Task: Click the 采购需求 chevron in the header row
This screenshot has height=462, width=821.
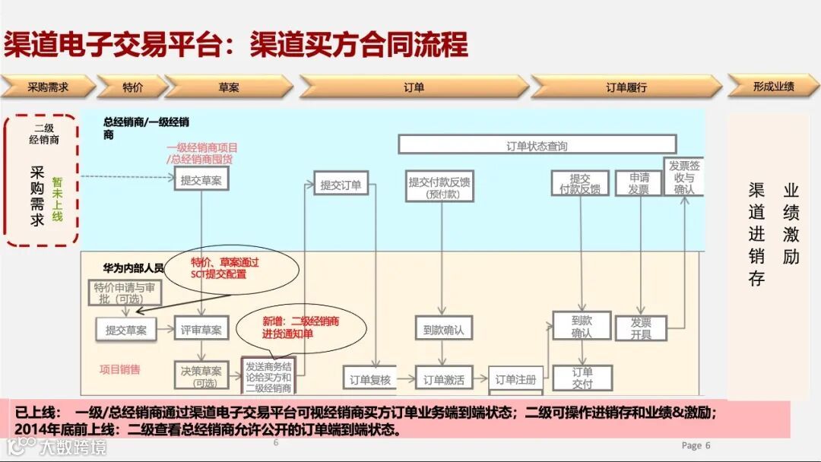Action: click(47, 87)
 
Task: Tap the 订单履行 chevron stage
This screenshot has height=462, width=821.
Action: click(626, 87)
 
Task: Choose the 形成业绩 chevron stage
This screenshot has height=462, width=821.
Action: click(773, 86)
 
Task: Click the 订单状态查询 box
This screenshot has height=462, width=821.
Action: click(537, 145)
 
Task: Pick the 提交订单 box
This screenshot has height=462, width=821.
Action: click(341, 184)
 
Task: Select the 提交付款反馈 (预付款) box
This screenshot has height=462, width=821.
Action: click(439, 186)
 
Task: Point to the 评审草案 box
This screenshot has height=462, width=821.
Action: click(201, 329)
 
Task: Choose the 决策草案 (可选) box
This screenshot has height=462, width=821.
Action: click(201, 376)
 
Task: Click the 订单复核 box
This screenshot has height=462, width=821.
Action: click(370, 378)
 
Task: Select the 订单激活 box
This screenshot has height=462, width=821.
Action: click(444, 378)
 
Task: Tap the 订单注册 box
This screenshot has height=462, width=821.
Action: click(515, 378)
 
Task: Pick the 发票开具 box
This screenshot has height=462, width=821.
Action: click(641, 328)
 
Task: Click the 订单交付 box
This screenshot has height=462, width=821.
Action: click(582, 378)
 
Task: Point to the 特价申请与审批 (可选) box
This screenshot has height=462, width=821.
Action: click(128, 293)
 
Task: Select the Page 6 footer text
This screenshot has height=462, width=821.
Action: click(696, 445)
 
